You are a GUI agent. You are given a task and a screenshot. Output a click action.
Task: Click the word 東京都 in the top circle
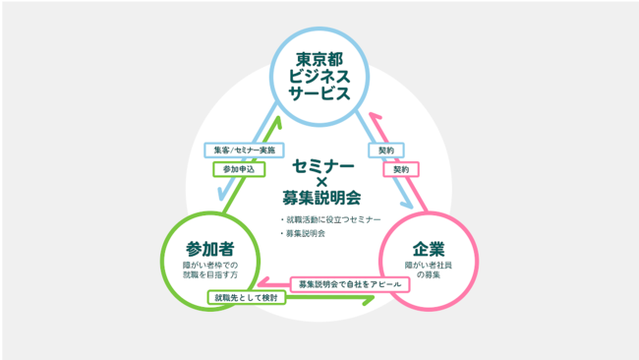319,59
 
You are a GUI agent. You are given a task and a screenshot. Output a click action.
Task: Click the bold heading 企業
429,246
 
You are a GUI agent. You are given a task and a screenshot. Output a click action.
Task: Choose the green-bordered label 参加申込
238,169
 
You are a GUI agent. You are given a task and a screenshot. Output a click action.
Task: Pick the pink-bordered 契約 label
401,169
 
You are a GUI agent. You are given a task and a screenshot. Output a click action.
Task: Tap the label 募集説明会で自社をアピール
350,283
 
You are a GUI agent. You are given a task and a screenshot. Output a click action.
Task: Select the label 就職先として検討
245,296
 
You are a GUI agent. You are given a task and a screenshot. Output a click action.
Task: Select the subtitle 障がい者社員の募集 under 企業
429,270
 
